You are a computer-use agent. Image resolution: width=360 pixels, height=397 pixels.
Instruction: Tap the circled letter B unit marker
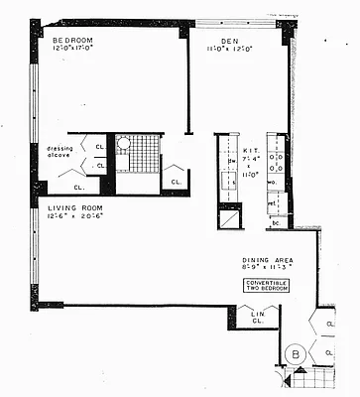[x=295, y=354]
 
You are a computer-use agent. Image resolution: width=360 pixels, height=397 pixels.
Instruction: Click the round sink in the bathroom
[x=124, y=143]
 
